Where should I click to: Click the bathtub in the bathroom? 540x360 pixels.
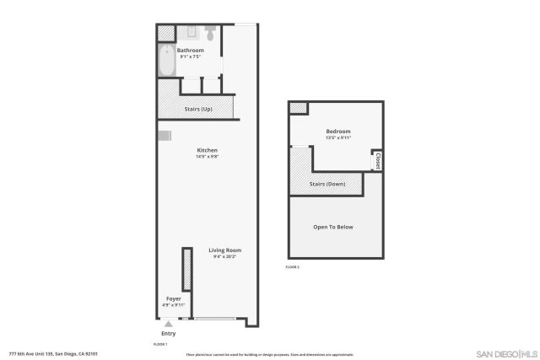coord(165,60)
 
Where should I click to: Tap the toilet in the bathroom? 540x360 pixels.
coord(208,34)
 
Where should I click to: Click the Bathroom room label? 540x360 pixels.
coord(190,50)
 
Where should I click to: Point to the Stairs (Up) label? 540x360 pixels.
coord(198,109)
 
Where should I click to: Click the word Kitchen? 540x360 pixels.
coord(208,150)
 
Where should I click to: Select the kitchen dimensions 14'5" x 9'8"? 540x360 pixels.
coord(208,157)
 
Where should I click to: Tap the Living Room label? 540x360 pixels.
coord(225,250)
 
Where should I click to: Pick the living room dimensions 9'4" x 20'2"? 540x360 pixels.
coord(225,256)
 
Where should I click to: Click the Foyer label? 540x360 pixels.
coord(173,298)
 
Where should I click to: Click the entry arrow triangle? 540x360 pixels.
coord(169,324)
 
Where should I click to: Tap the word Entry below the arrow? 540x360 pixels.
coord(169,332)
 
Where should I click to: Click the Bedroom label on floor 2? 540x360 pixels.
coord(337,132)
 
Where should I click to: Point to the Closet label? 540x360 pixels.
coord(378,160)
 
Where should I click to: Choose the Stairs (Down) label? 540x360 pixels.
coord(327,184)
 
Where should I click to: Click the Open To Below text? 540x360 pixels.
coord(333,228)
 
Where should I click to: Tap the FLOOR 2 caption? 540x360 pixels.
coord(293,266)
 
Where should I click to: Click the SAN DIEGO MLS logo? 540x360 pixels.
coord(506,352)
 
